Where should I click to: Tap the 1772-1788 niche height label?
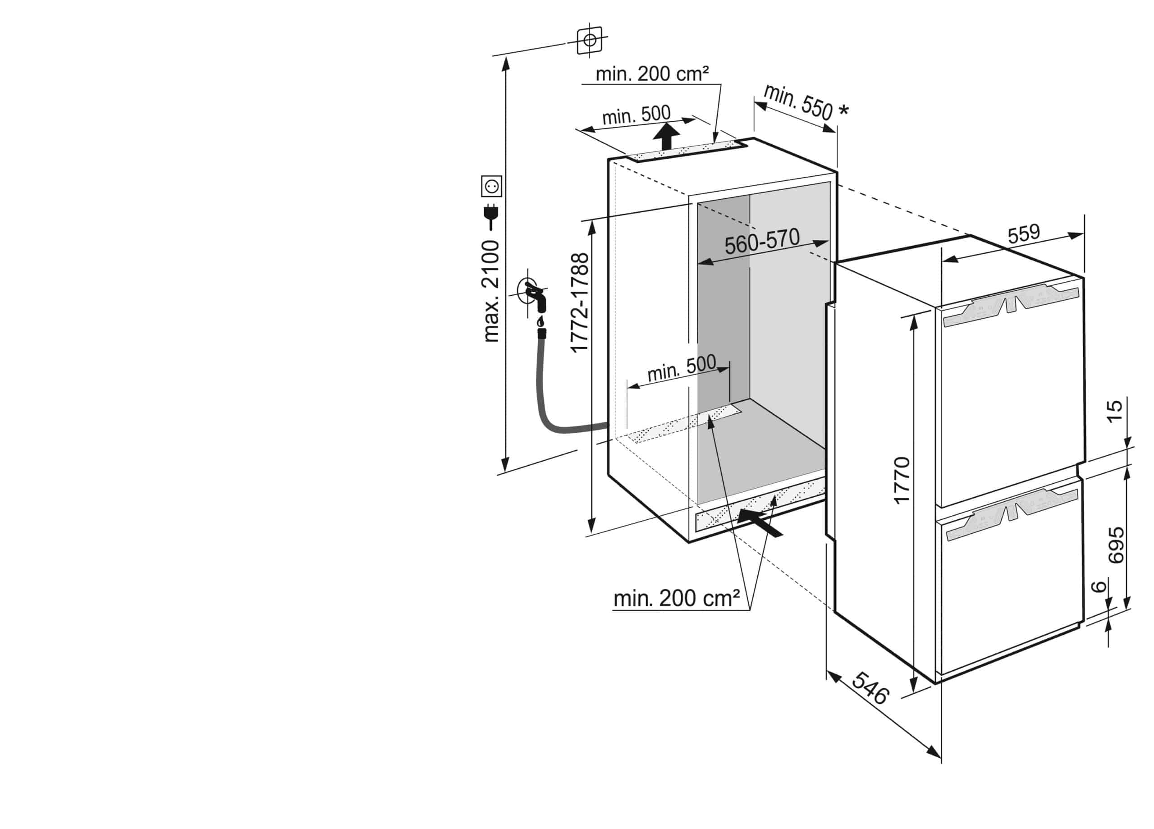(x=580, y=303)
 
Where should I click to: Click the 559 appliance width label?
(x=1024, y=234)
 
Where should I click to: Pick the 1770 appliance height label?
(x=902, y=481)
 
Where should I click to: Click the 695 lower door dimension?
(x=1116, y=545)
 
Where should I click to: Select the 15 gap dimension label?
(x=1114, y=411)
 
